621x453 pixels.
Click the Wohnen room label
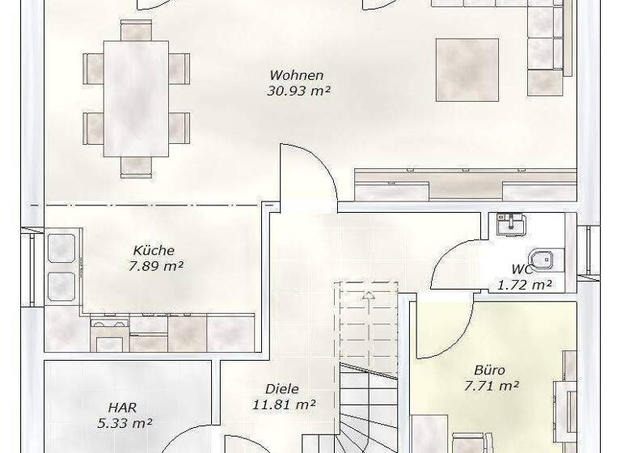click(x=297, y=76)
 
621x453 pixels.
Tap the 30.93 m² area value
click(x=298, y=91)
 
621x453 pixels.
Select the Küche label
click(x=154, y=251)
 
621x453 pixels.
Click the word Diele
click(x=281, y=389)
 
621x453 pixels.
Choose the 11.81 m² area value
click(x=282, y=404)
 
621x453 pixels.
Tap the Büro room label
click(x=489, y=370)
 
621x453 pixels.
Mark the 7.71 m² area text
click(x=491, y=386)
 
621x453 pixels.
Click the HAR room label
click(x=120, y=408)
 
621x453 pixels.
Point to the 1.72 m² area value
click(x=524, y=284)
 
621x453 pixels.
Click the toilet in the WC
click(x=547, y=259)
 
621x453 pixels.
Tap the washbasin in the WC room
click(x=509, y=222)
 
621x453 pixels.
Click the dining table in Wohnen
click(x=136, y=99)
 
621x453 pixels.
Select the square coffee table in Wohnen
click(x=467, y=69)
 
